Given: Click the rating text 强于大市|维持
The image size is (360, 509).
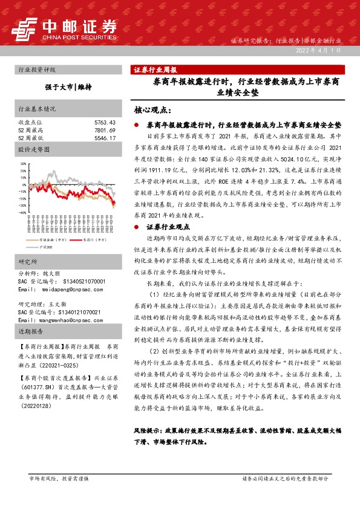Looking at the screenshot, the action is click(67, 87).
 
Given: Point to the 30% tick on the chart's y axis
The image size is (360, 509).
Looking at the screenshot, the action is click(23, 163).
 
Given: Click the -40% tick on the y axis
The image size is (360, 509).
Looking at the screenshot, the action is click(22, 213).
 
